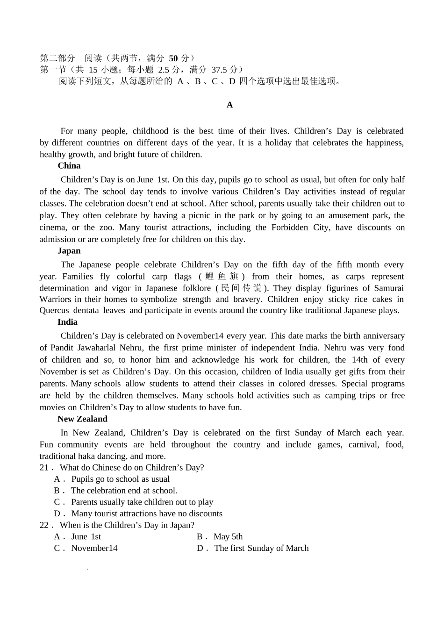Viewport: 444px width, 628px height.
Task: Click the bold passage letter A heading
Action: pos(229,105)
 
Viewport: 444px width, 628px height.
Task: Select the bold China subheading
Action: pos(69,166)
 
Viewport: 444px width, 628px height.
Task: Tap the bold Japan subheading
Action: pos(69,251)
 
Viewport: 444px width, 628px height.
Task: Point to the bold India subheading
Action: pos(67,322)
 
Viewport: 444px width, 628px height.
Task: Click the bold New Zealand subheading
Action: pos(82,419)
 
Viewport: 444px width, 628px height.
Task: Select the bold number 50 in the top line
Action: pos(173,58)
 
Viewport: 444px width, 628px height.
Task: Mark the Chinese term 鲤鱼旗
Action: pos(222,276)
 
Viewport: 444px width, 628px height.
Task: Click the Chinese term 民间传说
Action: pos(241,288)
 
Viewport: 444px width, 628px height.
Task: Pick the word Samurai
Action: pos(389,288)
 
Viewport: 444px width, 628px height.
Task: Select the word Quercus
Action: pos(54,311)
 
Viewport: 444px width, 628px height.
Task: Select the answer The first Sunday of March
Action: pos(261,548)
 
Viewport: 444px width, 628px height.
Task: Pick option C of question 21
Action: pos(142,502)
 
